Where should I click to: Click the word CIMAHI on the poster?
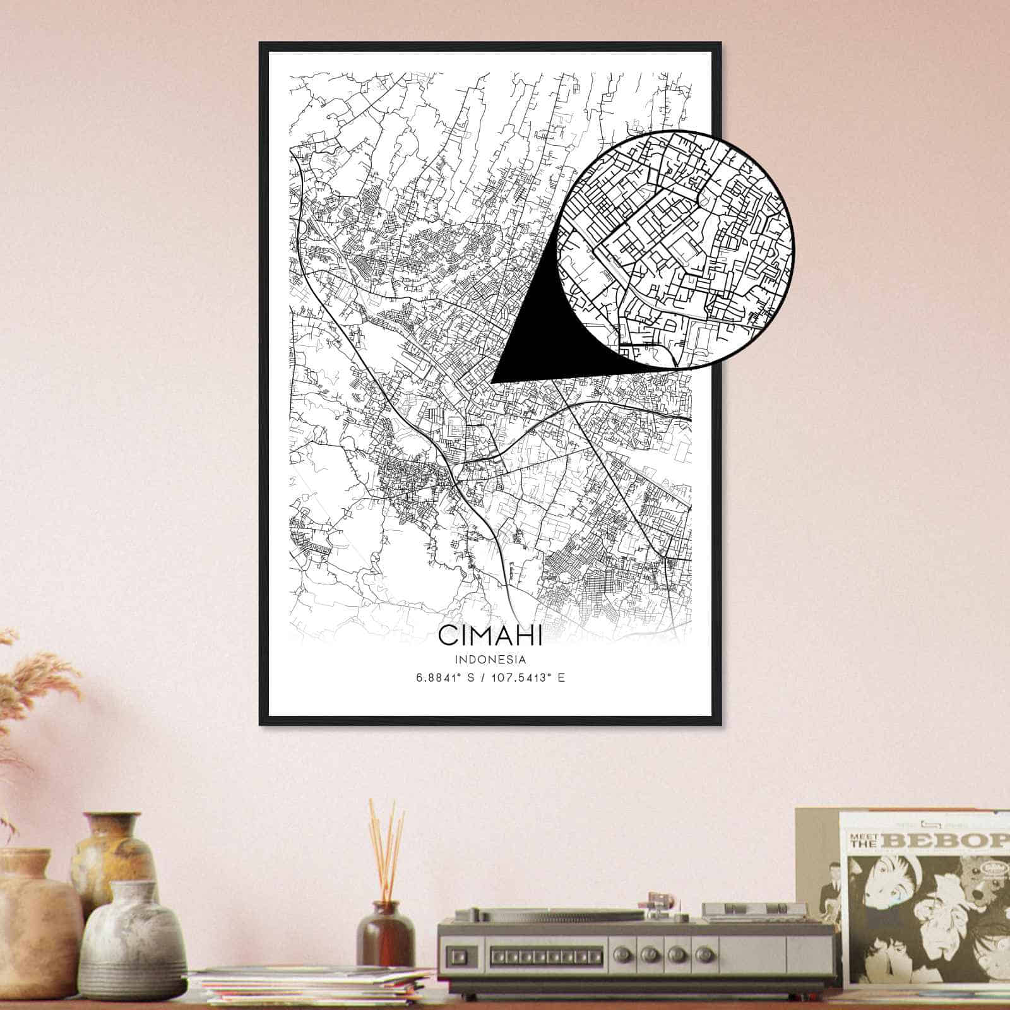(x=490, y=636)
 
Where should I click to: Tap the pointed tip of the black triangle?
(x=492, y=382)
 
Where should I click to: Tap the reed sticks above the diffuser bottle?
(x=386, y=846)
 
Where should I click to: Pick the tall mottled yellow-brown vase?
(x=114, y=852)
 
